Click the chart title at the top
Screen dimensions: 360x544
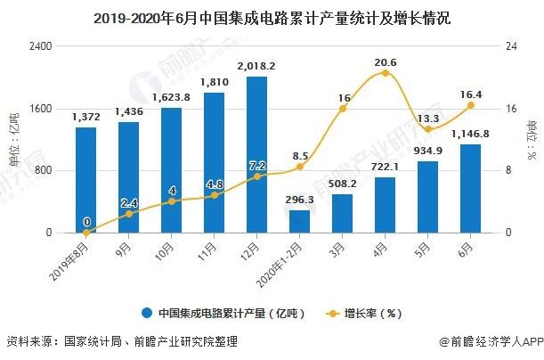click(272, 15)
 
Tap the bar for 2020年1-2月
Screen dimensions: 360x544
click(299, 221)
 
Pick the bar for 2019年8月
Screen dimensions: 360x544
click(85, 179)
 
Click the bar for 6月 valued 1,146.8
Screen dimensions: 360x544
click(470, 188)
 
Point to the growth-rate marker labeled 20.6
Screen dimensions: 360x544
click(386, 73)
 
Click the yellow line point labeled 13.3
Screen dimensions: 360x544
click(428, 129)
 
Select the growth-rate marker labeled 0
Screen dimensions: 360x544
click(86, 233)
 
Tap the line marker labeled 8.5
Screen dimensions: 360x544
click(300, 167)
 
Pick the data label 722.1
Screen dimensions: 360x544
click(385, 168)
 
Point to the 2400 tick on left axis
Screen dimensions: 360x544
click(41, 46)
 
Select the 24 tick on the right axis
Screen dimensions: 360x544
click(510, 46)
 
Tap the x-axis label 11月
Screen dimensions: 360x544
click(211, 247)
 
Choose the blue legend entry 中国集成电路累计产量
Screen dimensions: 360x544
click(223, 313)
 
